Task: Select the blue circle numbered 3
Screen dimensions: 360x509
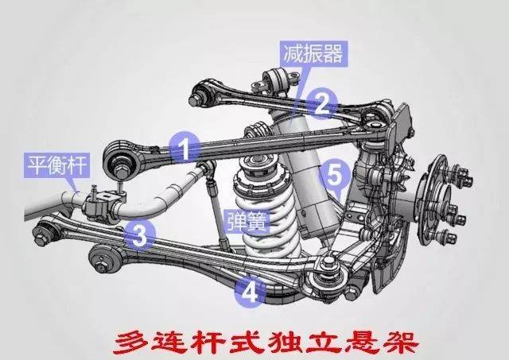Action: [x=138, y=234]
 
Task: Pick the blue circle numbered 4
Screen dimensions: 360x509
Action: [x=250, y=292]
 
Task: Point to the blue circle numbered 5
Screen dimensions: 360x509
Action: [x=335, y=171]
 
